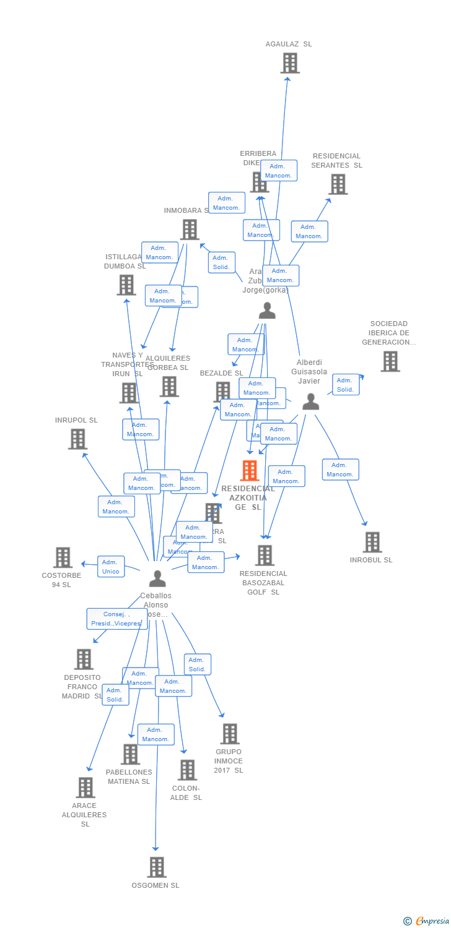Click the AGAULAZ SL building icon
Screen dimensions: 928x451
pyautogui.click(x=290, y=63)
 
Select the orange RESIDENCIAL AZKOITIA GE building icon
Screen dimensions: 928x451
pyautogui.click(x=249, y=471)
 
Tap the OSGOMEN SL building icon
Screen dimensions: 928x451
pyautogui.click(x=157, y=867)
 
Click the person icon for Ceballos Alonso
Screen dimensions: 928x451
pyautogui.click(x=157, y=578)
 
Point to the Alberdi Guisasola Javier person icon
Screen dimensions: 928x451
pyautogui.click(x=310, y=402)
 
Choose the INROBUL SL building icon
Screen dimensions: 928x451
pyautogui.click(x=372, y=543)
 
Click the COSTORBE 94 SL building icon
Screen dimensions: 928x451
pyautogui.click(x=63, y=557)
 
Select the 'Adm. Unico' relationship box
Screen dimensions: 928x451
pyautogui.click(x=111, y=567)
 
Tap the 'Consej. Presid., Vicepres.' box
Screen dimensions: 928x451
pyautogui.click(x=117, y=619)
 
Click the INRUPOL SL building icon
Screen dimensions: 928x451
pyautogui.click(x=77, y=439)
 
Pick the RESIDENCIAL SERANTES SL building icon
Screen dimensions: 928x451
pyautogui.click(x=338, y=184)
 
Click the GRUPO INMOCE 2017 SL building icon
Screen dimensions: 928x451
pyautogui.click(x=230, y=734)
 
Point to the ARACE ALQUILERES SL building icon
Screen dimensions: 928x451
pyautogui.click(x=85, y=788)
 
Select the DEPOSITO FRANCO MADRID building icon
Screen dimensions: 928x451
pyautogui.click(x=84, y=659)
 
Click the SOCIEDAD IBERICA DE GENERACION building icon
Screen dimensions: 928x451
pyautogui.click(x=390, y=361)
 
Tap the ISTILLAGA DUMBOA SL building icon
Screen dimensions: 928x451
pyautogui.click(x=126, y=285)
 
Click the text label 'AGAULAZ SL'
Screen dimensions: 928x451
pyautogui.click(x=289, y=45)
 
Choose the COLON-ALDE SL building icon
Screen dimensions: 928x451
pyautogui.click(x=187, y=770)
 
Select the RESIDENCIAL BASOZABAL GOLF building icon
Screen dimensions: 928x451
pyautogui.click(x=265, y=556)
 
